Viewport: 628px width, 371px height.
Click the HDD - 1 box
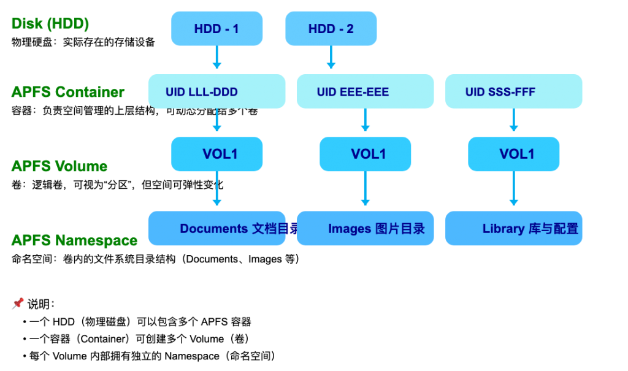(216, 29)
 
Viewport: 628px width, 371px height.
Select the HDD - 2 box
(331, 29)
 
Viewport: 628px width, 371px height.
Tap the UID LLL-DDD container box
(216, 91)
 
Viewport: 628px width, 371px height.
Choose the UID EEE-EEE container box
(365, 91)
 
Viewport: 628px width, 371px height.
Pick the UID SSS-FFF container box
(513, 91)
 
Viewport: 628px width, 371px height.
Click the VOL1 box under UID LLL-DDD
(216, 154)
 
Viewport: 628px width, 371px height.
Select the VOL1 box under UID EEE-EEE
(365, 154)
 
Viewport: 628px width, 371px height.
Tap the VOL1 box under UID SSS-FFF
(513, 154)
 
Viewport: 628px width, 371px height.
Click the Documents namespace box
(216, 229)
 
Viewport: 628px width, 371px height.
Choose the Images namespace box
(365, 229)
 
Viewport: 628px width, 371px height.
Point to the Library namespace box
(513, 229)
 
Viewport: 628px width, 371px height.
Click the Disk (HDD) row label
(50, 24)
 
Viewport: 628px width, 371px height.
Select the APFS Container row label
(67, 92)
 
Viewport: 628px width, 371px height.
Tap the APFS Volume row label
(59, 166)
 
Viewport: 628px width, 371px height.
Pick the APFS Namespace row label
(74, 240)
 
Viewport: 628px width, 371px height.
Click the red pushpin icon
(18, 303)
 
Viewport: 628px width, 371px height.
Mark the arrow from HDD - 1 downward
(216, 58)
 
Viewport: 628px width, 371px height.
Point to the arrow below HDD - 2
(331, 58)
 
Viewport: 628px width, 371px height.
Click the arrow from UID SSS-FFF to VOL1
(513, 121)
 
